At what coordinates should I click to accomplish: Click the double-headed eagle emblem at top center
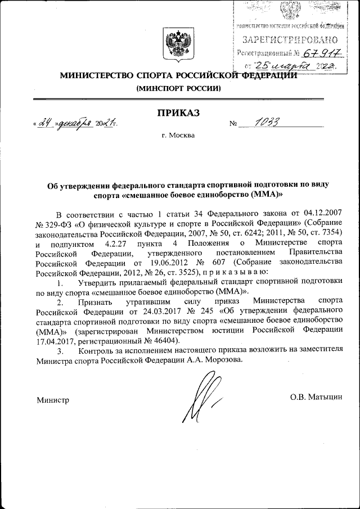pos(178,46)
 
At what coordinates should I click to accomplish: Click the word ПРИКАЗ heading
pos(178,112)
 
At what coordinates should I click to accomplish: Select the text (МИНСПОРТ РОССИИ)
pos(178,89)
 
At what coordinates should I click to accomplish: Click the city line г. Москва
pos(178,135)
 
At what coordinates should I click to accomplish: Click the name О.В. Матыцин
pos(316,398)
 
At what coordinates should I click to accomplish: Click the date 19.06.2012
pos(162,263)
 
